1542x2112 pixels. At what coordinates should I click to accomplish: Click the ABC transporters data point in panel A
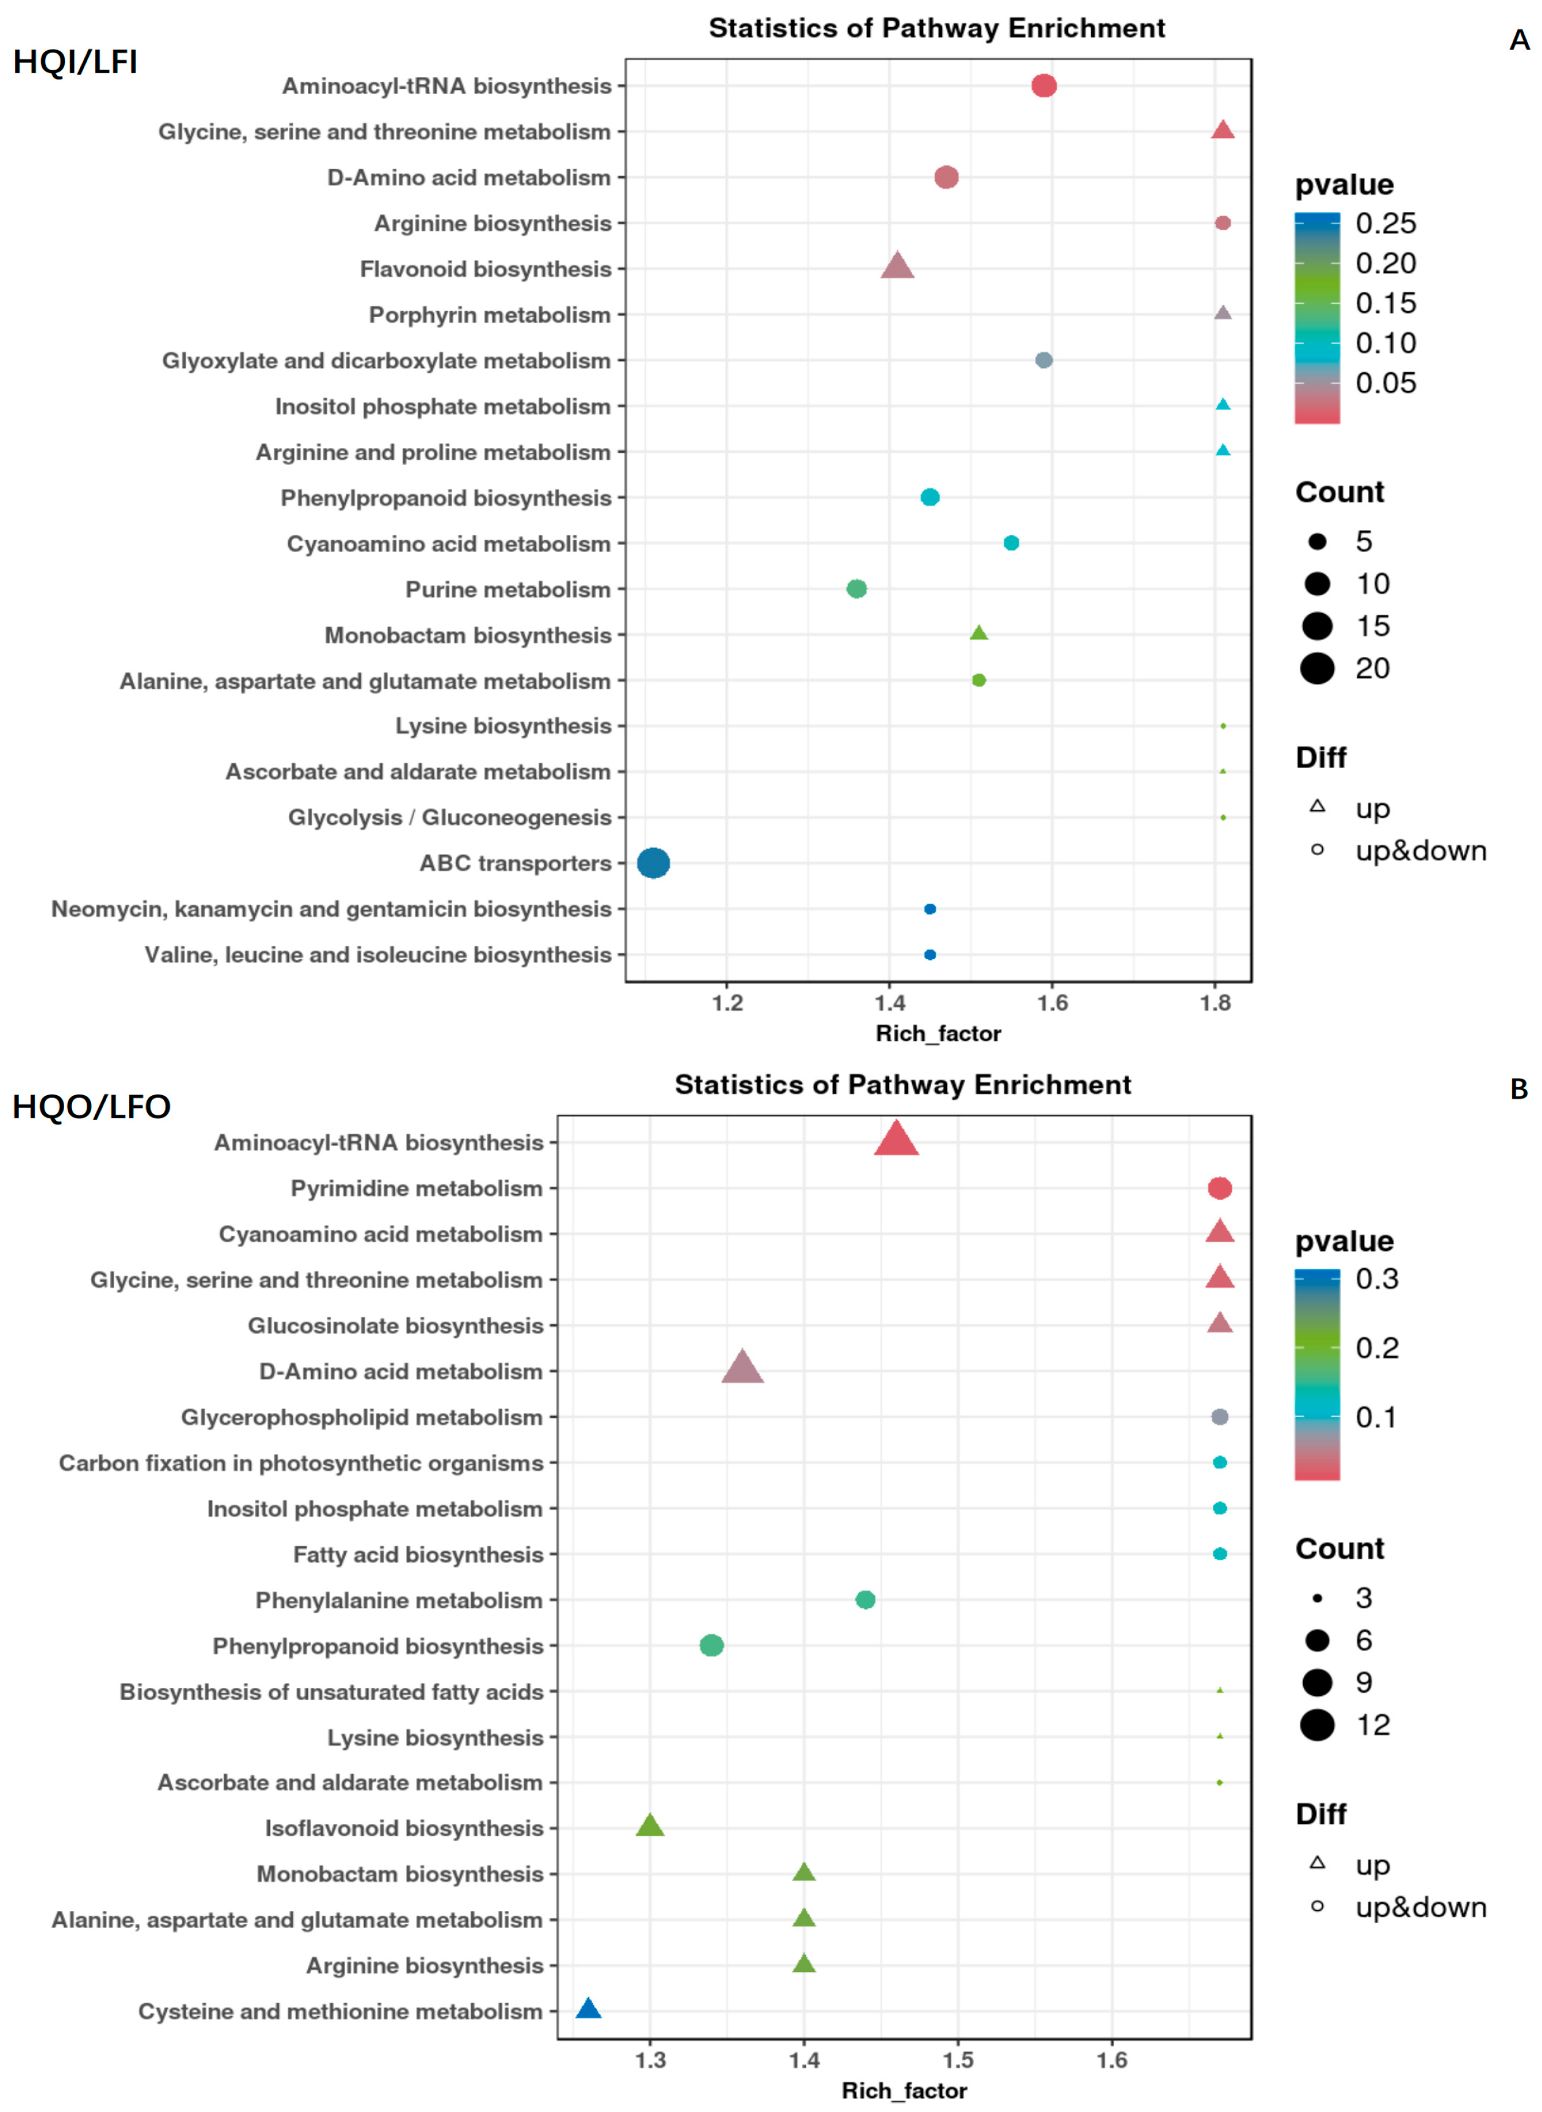tap(653, 863)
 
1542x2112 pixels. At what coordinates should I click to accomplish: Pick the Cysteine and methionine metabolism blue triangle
tap(588, 2009)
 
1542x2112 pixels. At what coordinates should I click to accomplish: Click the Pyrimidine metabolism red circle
tap(1219, 1187)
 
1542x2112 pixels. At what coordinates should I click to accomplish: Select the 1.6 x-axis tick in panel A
tap(1052, 1003)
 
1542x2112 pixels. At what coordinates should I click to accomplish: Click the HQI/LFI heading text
tap(75, 62)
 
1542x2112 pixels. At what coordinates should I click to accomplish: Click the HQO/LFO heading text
tap(92, 1107)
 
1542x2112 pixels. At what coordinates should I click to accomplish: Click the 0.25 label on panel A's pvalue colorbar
tap(1385, 223)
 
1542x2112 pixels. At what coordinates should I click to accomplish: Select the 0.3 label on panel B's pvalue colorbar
tap(1377, 1278)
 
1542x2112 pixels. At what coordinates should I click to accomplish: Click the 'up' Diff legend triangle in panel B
tap(1317, 1863)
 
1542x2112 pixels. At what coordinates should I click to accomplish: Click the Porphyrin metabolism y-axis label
tap(489, 315)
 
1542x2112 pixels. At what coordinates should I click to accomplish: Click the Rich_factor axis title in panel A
tap(937, 1033)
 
